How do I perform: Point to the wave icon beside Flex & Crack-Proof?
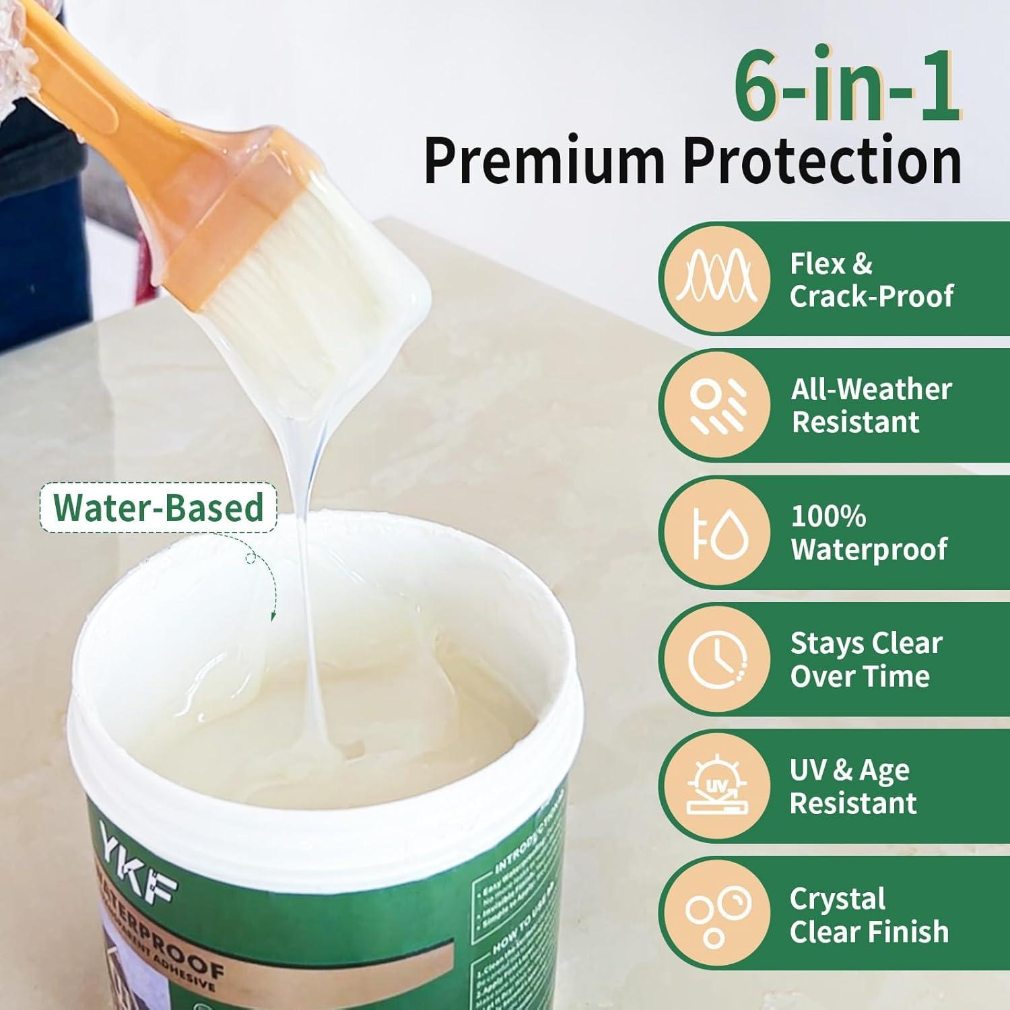715,278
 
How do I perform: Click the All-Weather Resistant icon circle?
715,405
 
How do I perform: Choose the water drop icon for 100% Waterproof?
715,532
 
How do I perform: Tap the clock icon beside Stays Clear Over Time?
715,659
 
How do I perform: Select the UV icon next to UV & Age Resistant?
715,786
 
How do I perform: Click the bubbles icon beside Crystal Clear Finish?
715,912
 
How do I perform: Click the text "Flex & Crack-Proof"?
871,279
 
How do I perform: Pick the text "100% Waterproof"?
869,533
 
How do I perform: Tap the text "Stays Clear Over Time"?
866,659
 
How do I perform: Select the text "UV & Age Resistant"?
852,786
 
